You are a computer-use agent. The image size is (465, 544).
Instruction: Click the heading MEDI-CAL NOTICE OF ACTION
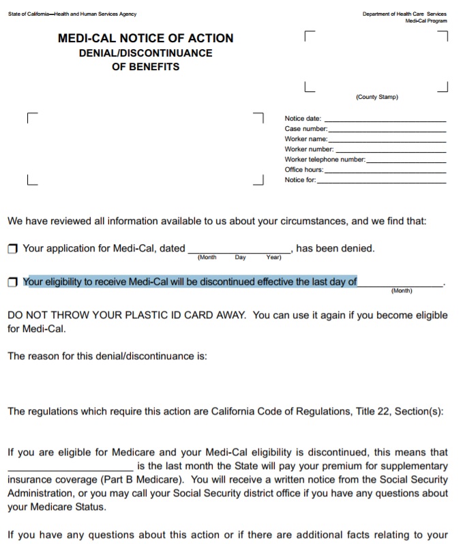[x=145, y=38]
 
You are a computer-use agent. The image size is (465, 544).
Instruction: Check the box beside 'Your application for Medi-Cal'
[x=12, y=249]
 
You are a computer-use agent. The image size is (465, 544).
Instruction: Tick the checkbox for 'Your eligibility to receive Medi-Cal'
[x=12, y=282]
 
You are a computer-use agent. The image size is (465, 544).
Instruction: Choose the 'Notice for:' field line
[x=381, y=182]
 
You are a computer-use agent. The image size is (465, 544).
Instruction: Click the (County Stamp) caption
[x=376, y=97]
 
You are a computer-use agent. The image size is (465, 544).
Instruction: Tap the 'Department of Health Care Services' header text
[x=404, y=14]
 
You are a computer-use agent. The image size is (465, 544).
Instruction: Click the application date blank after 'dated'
[x=239, y=250]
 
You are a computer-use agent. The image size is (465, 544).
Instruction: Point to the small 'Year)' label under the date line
[x=273, y=258]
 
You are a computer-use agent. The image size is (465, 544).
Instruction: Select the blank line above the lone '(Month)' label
[x=400, y=284]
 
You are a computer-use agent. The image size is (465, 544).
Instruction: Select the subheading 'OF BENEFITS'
[x=145, y=67]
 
